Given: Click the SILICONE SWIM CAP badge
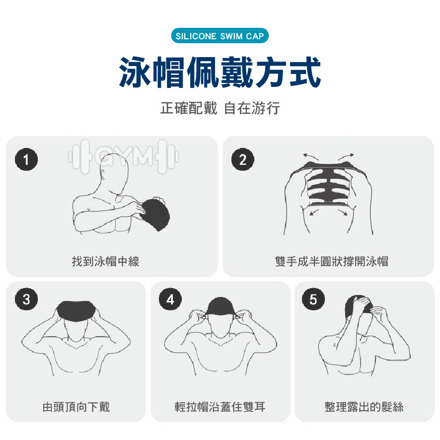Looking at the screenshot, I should pos(220,37).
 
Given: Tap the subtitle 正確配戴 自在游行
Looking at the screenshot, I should pos(220,108).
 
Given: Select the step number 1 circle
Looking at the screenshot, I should pos(26,159).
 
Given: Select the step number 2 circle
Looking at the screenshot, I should pos(243,159).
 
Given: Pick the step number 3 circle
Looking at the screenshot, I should pos(26,299).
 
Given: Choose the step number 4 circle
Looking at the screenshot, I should pos(171,299).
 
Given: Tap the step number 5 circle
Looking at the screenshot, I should pos(313,299).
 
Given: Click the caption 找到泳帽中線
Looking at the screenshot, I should pos(105,261).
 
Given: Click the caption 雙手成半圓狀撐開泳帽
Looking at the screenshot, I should pos(331,261).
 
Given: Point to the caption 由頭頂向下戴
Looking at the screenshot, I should pos(76,407).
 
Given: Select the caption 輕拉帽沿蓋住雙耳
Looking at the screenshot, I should pos(220,407).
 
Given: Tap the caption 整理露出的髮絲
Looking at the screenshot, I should pos(364,407).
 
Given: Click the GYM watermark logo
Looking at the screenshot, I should pos(124,157).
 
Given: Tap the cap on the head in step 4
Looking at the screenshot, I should pos(220,306).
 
